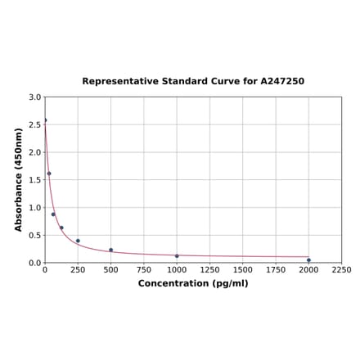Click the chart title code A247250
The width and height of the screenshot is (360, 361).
(283, 82)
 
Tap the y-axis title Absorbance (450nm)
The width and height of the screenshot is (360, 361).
(18, 179)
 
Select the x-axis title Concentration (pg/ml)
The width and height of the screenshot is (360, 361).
(193, 283)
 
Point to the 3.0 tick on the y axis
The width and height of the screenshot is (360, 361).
(35, 97)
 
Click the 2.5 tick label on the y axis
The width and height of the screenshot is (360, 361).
(35, 124)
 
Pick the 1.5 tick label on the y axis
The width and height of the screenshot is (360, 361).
(35, 180)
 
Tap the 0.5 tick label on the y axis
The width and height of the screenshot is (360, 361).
(35, 235)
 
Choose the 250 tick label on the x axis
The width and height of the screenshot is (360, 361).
(78, 270)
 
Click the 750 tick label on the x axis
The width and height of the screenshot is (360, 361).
(144, 270)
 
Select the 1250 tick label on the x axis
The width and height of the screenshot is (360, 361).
(209, 270)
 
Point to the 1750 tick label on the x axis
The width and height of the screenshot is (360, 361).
(276, 270)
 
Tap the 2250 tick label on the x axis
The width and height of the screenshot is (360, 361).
(341, 270)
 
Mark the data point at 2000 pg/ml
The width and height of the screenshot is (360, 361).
(308, 259)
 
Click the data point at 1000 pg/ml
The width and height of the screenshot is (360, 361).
(177, 255)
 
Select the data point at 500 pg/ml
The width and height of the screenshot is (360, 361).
(111, 250)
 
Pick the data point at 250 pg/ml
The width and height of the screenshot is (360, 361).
(78, 241)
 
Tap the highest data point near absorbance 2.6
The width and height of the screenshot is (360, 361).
(45, 120)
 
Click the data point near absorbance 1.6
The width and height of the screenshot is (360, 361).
(49, 173)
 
